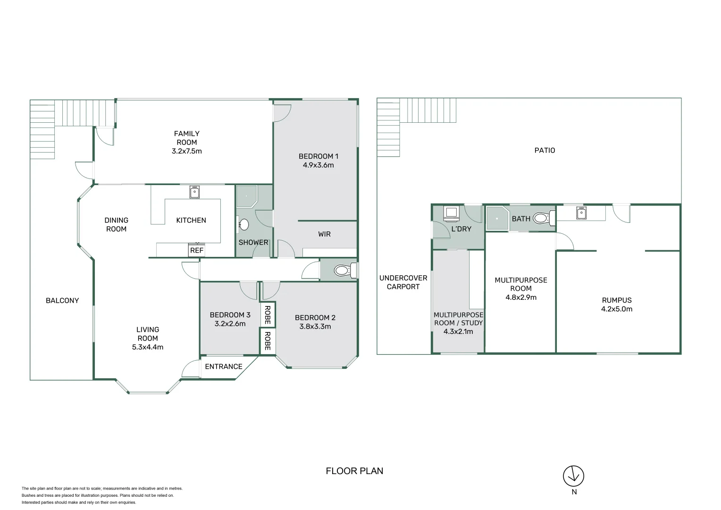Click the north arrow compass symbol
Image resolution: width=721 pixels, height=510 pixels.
573,476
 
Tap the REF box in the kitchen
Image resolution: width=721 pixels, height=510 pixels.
197,250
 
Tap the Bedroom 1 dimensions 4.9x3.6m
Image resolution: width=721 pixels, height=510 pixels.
318,165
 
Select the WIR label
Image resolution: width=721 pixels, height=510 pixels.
324,234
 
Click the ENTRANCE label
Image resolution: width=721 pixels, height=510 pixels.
224,366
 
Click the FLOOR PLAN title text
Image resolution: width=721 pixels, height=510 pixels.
354,471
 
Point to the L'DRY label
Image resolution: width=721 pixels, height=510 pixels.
461,229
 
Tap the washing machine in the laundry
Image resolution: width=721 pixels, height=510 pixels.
451,213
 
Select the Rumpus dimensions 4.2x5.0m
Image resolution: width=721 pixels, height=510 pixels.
617,309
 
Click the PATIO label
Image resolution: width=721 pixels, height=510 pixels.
545,150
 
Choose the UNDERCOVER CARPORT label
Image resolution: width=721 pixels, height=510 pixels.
403,282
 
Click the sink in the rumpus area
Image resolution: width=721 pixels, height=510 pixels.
581,213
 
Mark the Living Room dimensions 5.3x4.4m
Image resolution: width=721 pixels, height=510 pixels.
148,347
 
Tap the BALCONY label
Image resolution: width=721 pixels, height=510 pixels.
62,300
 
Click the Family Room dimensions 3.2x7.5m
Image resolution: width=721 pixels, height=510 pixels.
187,151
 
